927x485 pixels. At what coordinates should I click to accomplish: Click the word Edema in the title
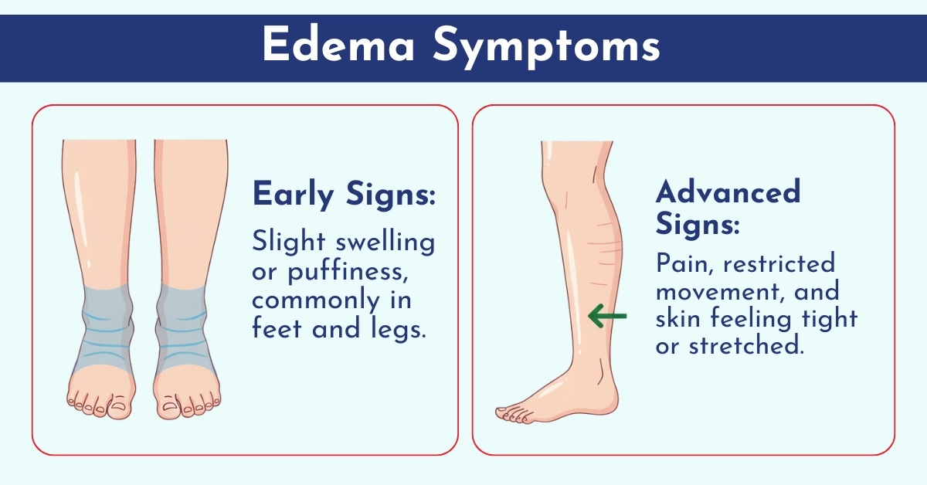tap(338, 45)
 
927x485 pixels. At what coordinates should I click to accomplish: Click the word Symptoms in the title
tap(546, 47)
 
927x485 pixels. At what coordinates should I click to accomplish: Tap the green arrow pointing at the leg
tap(607, 316)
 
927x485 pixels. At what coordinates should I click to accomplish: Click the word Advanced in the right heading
tap(728, 192)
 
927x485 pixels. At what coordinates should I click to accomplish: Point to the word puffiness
tap(348, 273)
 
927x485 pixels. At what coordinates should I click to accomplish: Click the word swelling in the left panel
tap(385, 242)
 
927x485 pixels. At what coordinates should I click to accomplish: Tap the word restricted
tap(779, 264)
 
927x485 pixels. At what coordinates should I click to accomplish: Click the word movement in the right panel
tap(721, 292)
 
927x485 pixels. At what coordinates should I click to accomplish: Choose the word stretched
tap(746, 346)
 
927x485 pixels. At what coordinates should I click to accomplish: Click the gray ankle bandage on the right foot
tap(182, 327)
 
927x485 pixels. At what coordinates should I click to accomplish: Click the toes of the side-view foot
tap(512, 415)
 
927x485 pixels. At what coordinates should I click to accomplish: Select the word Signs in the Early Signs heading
tap(391, 195)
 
